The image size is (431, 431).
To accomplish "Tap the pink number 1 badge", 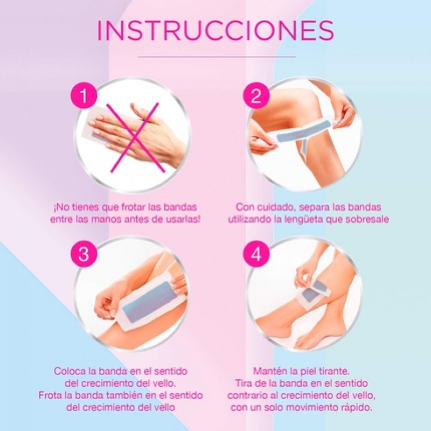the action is point(84,96).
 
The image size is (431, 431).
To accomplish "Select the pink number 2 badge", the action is point(256,96).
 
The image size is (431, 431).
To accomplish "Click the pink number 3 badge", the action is point(84,254).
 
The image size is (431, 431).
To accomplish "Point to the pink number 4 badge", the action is point(256,254).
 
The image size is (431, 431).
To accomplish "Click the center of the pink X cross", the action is point(135,137).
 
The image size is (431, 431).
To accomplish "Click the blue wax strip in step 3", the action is point(150,302).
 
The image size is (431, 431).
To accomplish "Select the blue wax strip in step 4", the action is point(313,292).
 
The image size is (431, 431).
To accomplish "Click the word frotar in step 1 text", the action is point(130,207).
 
